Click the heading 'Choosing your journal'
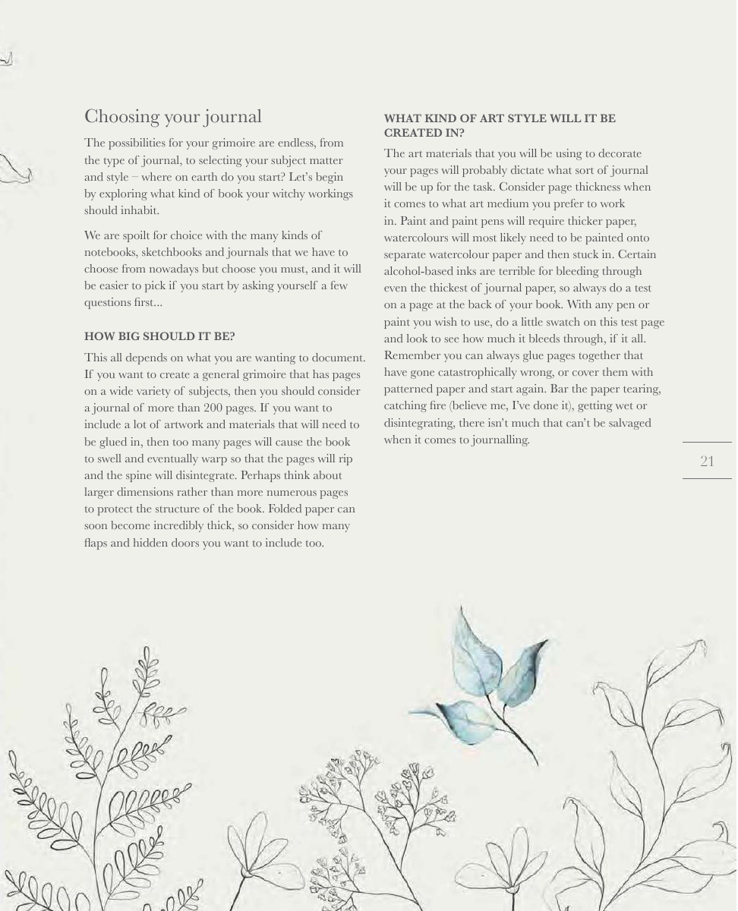pos(173,116)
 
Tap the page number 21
pos(707,461)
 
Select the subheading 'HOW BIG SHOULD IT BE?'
pos(159,336)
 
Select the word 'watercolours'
pos(416,238)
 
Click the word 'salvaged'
pos(628,423)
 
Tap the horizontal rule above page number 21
pos(707,442)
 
